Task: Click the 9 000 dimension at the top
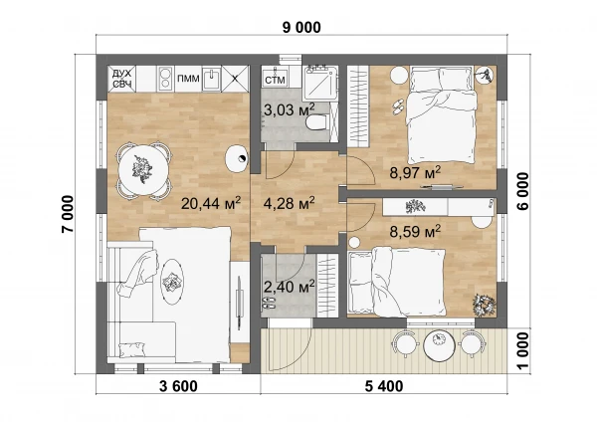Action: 301,28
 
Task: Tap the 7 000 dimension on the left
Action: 68,214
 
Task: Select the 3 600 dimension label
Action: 178,386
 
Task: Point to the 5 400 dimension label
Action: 384,386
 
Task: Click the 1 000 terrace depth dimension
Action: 523,350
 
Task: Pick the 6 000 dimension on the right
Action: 523,191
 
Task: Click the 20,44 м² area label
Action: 211,203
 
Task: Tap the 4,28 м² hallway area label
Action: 289,203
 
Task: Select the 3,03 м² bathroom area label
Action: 289,109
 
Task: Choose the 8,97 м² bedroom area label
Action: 415,172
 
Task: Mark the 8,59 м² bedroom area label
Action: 415,231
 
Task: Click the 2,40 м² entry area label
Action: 289,287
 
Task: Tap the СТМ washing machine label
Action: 275,81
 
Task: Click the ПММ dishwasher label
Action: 188,79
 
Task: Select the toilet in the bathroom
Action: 316,122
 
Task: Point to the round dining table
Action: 143,170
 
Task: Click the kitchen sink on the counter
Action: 211,79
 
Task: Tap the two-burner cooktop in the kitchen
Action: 165,78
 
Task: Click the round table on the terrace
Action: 439,344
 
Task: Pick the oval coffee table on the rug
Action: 172,282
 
